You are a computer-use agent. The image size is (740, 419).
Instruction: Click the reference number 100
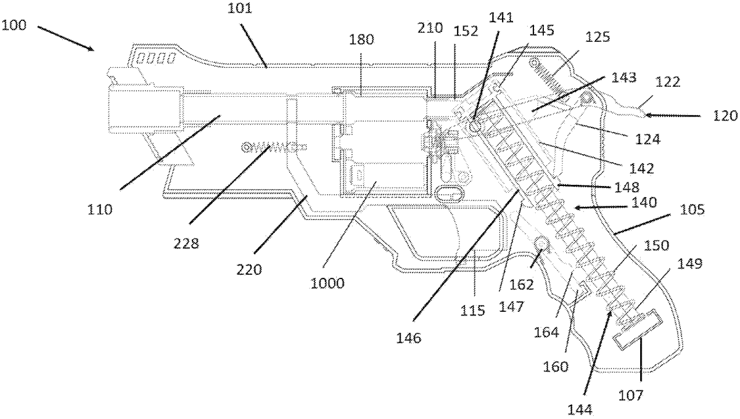[x=14, y=25]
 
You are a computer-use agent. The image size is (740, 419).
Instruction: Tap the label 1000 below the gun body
[x=327, y=283]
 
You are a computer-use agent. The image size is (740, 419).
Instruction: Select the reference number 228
[x=186, y=244]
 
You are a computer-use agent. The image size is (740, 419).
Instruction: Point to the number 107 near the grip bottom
[x=631, y=395]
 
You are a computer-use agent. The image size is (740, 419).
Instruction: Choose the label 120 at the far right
[x=725, y=116]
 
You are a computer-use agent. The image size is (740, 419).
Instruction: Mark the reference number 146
[x=409, y=338]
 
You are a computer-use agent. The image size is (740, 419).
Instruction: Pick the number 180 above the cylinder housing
[x=361, y=40]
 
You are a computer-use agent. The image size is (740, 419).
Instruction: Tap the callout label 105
[x=692, y=209]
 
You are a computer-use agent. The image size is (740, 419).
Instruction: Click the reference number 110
[x=100, y=209]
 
